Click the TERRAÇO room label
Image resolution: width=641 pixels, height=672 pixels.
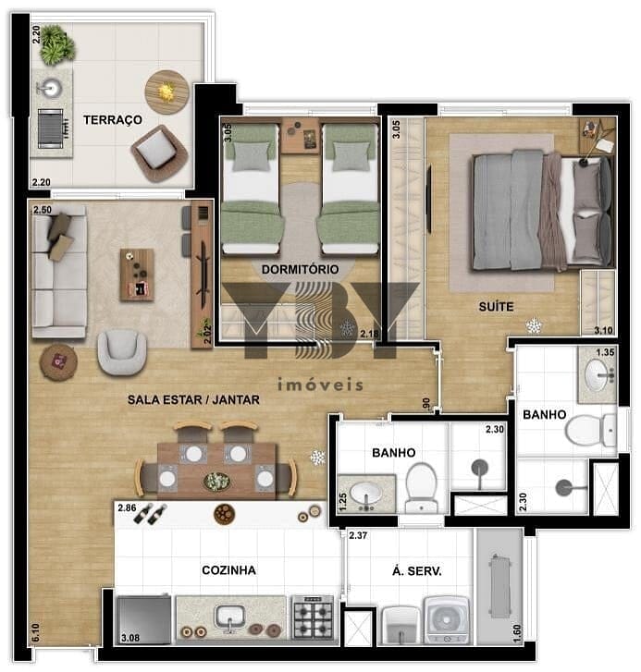pos(113,119)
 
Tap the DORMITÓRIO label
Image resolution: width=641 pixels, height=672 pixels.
pos(300,269)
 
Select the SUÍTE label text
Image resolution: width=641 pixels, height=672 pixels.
pos(496,307)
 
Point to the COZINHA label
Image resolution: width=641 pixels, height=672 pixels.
pos(229,570)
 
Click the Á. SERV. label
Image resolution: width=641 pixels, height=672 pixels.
pos(417,571)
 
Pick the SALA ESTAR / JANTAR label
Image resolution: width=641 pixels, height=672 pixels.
pos(194,400)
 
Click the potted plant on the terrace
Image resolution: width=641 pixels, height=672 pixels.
pos(57,45)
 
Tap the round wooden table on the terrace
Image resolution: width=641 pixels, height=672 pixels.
pos(166,92)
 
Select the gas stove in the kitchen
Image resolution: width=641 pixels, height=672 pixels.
pos(313,617)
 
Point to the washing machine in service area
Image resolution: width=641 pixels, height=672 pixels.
pos(447,619)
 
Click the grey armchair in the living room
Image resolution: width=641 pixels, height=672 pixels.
pos(122,352)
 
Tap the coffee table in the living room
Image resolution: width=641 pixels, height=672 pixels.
pos(137,275)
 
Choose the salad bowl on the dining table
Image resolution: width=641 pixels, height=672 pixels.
pos(217,481)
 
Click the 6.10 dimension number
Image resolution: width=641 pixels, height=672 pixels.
pos(36,632)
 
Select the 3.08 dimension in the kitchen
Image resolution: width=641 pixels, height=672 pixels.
pos(130,638)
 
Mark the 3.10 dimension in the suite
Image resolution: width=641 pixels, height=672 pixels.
pos(603,330)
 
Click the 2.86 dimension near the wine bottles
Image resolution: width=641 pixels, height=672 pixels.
pos(127,507)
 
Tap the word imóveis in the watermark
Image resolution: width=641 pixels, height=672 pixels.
pos(320,384)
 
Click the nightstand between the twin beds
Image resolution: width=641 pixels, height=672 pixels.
pos(300,135)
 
